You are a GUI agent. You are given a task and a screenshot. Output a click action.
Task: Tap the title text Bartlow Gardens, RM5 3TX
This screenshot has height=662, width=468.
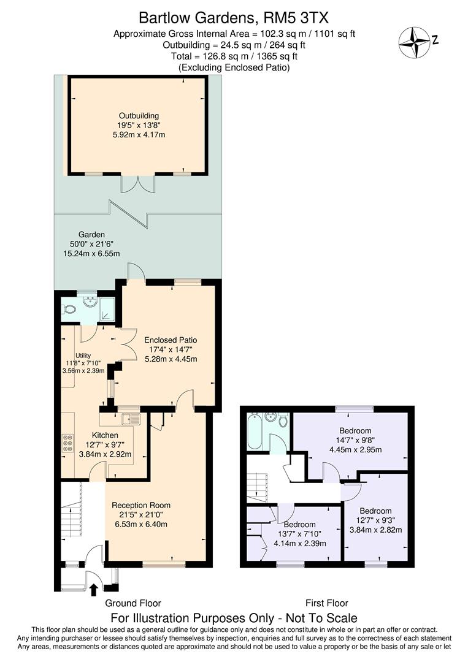pos(234,17)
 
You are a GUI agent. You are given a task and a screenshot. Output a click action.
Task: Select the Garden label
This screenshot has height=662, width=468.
pos(91,235)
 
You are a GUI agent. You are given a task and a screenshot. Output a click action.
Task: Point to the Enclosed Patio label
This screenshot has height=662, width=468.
pos(171,340)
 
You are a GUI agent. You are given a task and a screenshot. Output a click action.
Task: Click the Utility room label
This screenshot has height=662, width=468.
pos(83,356)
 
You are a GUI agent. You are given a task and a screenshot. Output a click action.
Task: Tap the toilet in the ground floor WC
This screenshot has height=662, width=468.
pos(69,310)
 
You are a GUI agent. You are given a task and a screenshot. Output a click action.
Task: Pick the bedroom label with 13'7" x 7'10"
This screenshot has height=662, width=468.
pos(300,525)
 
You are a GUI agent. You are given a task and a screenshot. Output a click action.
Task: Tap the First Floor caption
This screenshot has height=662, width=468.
pos(326,603)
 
